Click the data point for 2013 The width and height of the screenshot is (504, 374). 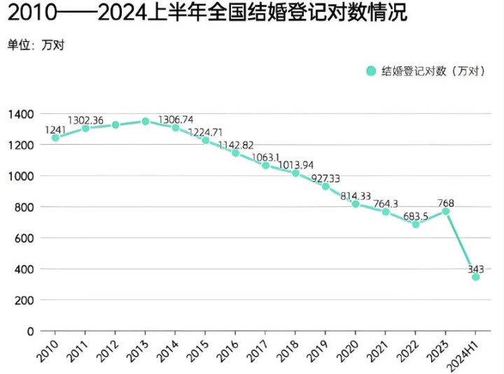click(x=146, y=121)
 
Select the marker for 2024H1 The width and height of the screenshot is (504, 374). click(x=476, y=277)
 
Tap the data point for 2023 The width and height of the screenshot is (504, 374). click(x=446, y=211)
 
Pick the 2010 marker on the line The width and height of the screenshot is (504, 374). click(x=55, y=138)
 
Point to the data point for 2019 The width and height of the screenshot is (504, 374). click(x=325, y=187)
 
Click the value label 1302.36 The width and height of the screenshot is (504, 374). click(x=86, y=120)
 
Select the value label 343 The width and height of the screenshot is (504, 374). click(x=476, y=268)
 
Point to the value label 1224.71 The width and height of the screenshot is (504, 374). click(x=206, y=132)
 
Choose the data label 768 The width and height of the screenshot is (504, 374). click(x=446, y=203)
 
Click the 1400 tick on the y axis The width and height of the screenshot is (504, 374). click(x=21, y=114)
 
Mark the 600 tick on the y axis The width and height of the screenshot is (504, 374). click(x=25, y=238)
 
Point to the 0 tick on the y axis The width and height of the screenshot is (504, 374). click(x=30, y=331)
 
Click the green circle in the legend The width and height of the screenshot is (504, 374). click(x=371, y=71)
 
